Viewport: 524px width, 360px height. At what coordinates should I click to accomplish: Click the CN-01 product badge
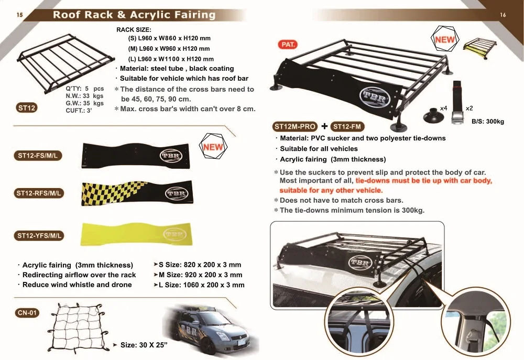coord(27,313)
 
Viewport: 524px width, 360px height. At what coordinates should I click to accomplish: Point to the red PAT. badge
coord(289,45)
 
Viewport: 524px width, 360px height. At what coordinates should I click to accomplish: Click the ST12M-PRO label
coord(295,126)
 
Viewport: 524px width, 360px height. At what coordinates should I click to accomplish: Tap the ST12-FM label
coord(348,126)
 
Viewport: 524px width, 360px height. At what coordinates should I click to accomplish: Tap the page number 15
coord(19,15)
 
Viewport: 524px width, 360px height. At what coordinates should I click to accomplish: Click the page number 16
coord(503,15)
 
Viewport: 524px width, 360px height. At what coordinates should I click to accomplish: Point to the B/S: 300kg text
coord(487,122)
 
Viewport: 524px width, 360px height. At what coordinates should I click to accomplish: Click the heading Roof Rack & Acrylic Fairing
coord(134,15)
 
